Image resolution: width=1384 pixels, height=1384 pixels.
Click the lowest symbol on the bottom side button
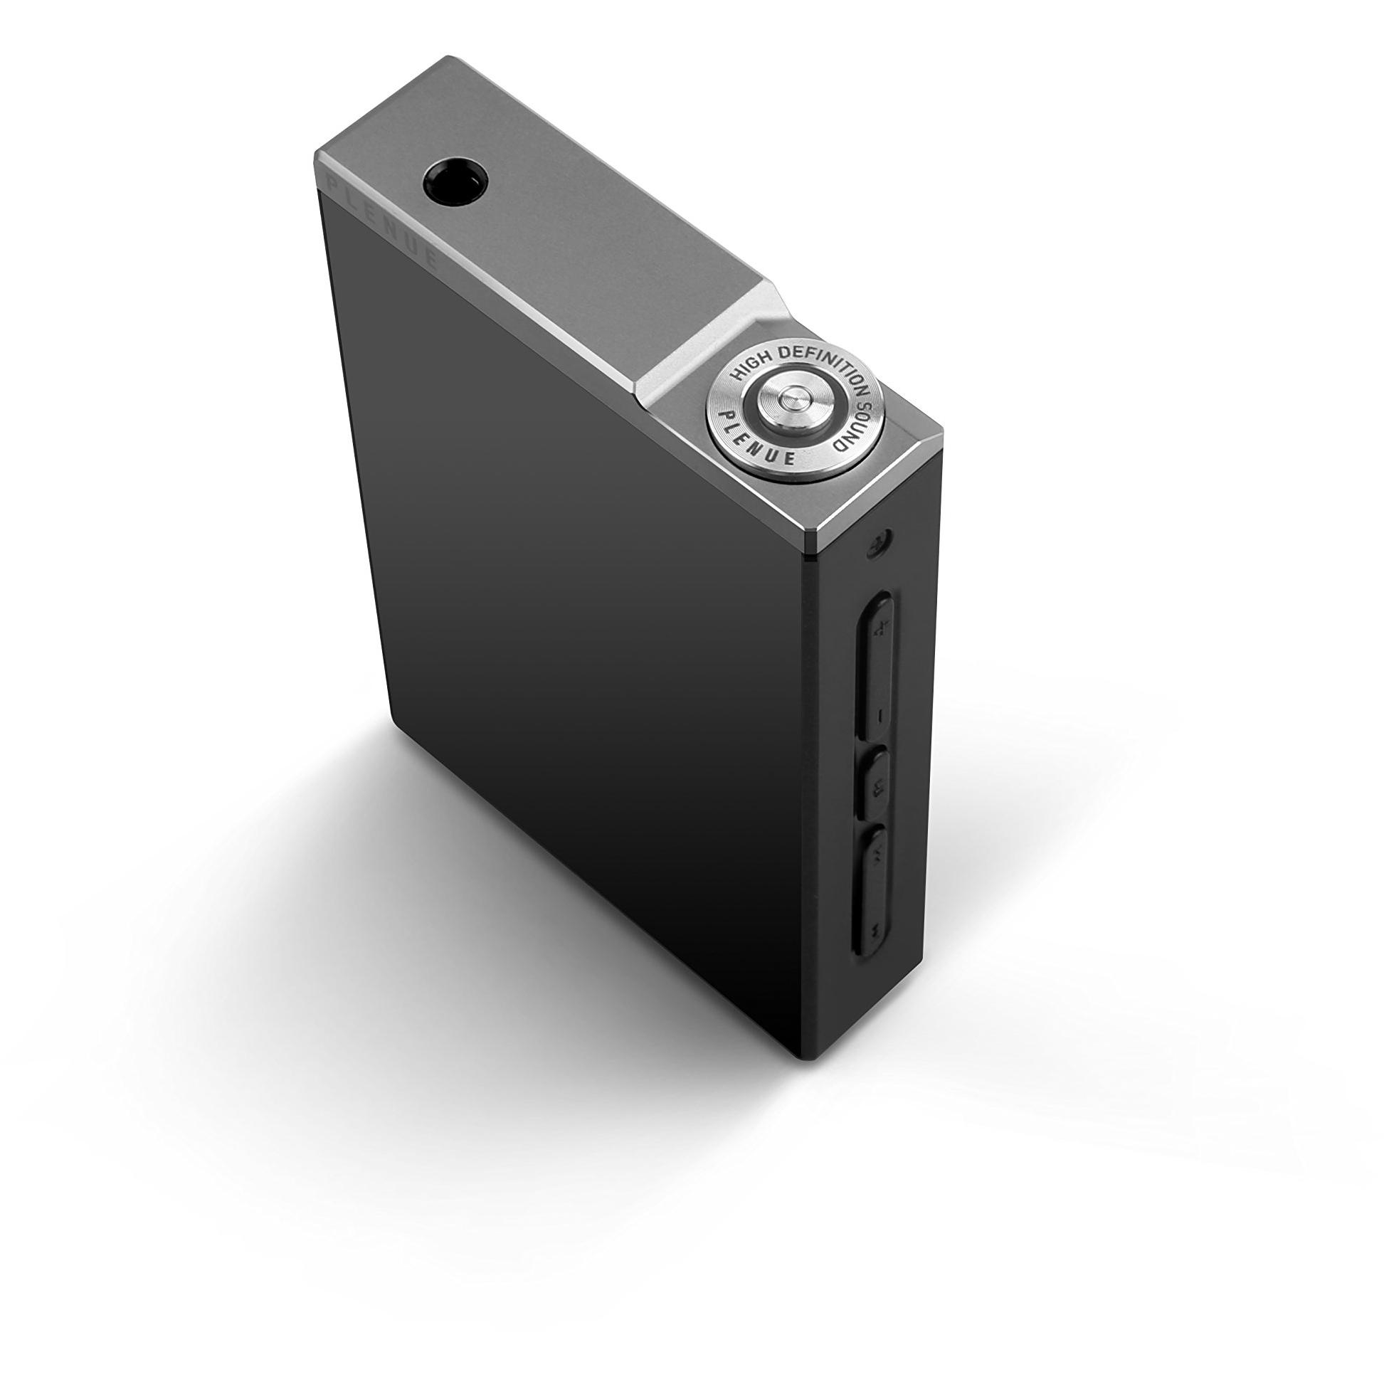pyautogui.click(x=875, y=930)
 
